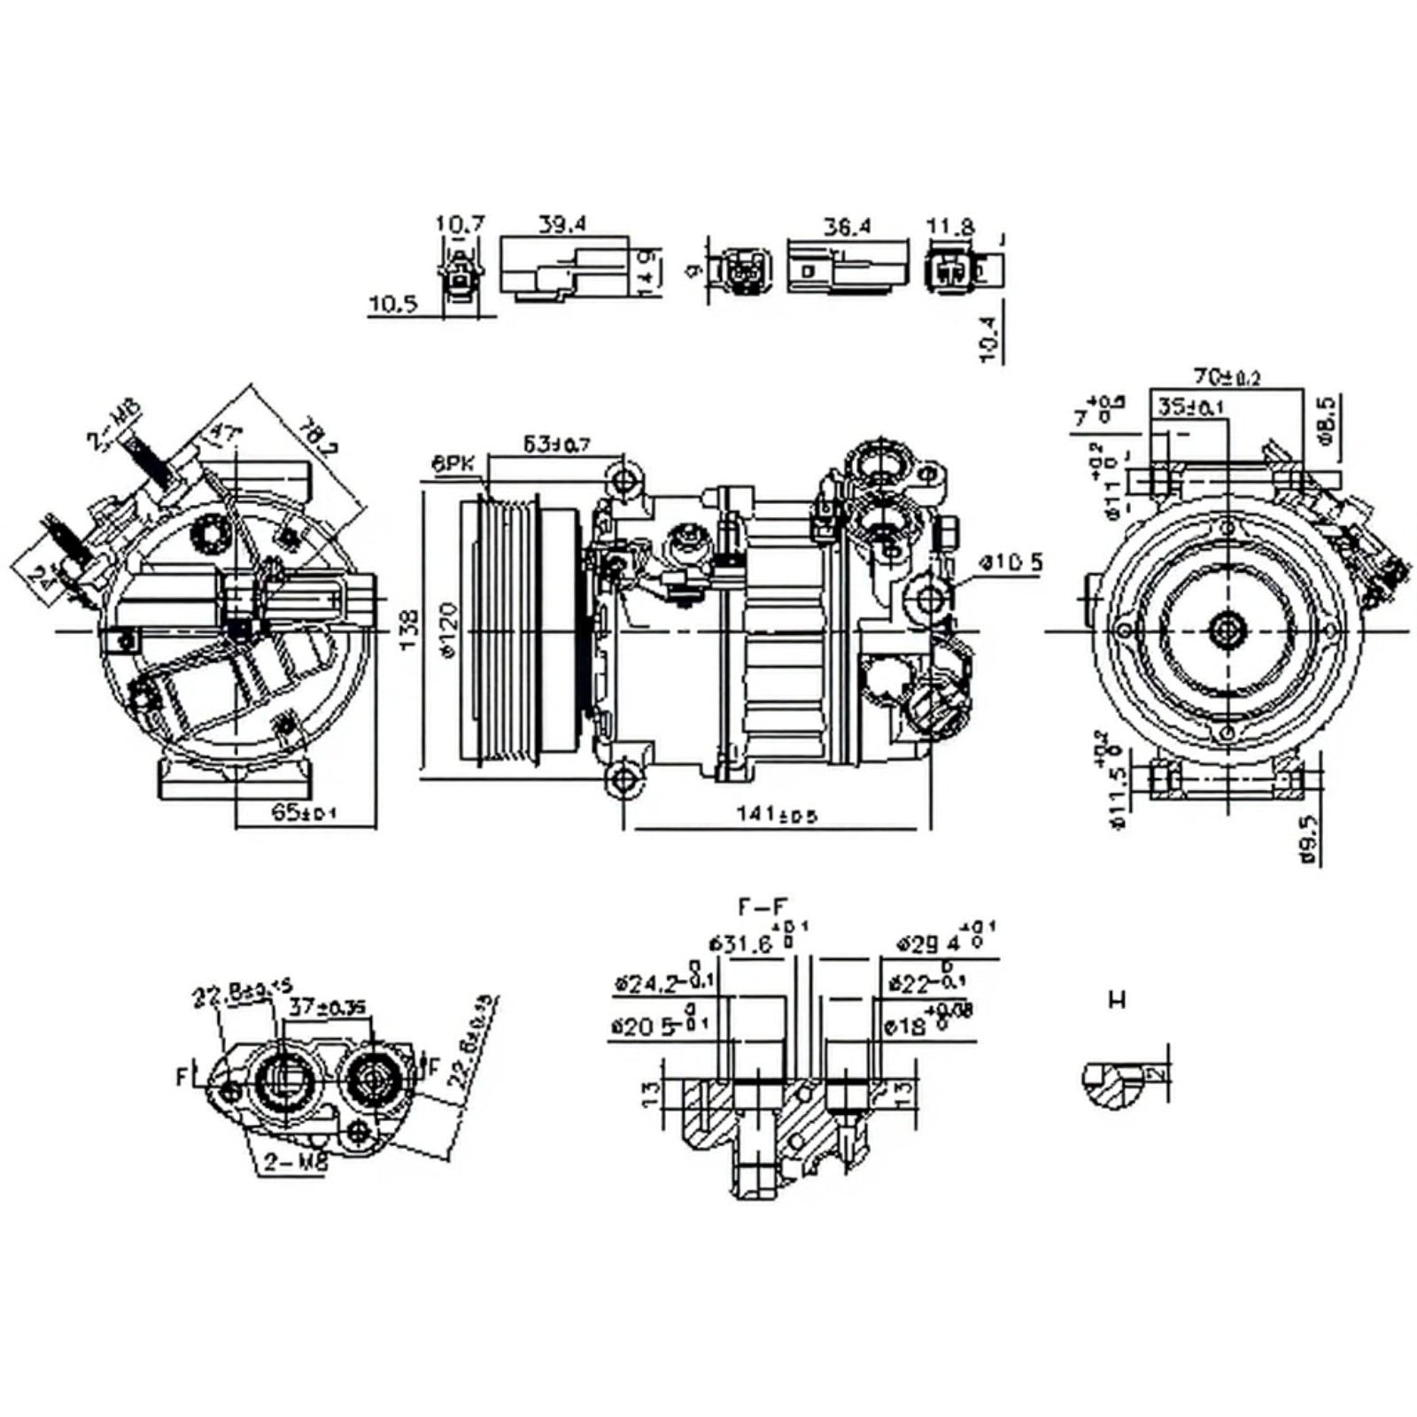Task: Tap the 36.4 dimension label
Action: [x=847, y=226]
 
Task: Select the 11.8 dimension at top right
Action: [x=949, y=227]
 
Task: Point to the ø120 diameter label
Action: [x=446, y=631]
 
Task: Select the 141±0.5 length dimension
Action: [x=776, y=815]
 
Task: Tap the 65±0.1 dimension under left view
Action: [x=304, y=813]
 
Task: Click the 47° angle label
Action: [x=224, y=433]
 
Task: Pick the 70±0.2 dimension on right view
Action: [x=1227, y=376]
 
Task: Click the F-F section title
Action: [x=763, y=906]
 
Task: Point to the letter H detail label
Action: [x=1118, y=1001]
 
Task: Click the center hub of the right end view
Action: [x=1227, y=631]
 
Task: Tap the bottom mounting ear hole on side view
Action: [x=625, y=780]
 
